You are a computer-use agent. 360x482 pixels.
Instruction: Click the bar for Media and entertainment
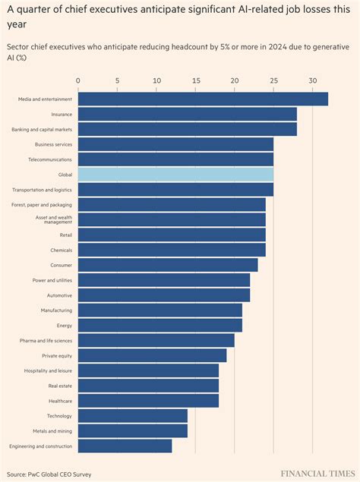[203, 99]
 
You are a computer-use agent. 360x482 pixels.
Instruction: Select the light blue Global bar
[175, 175]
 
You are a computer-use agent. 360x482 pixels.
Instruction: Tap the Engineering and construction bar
[125, 446]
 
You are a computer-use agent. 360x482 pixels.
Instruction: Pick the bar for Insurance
[187, 114]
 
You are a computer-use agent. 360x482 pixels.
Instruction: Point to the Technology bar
[132, 416]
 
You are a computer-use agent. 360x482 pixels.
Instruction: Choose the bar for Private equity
[152, 355]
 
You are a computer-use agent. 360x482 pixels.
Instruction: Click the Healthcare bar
[148, 401]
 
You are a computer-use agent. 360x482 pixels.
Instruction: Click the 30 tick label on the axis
[312, 80]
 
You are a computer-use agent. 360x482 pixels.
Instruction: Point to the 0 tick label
[78, 80]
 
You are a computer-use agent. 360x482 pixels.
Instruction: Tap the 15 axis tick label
[195, 80]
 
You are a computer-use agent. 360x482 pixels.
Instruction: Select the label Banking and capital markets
[42, 130]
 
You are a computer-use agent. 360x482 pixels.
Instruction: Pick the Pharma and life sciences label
[46, 341]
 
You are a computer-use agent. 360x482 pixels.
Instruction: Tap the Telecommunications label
[50, 159]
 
